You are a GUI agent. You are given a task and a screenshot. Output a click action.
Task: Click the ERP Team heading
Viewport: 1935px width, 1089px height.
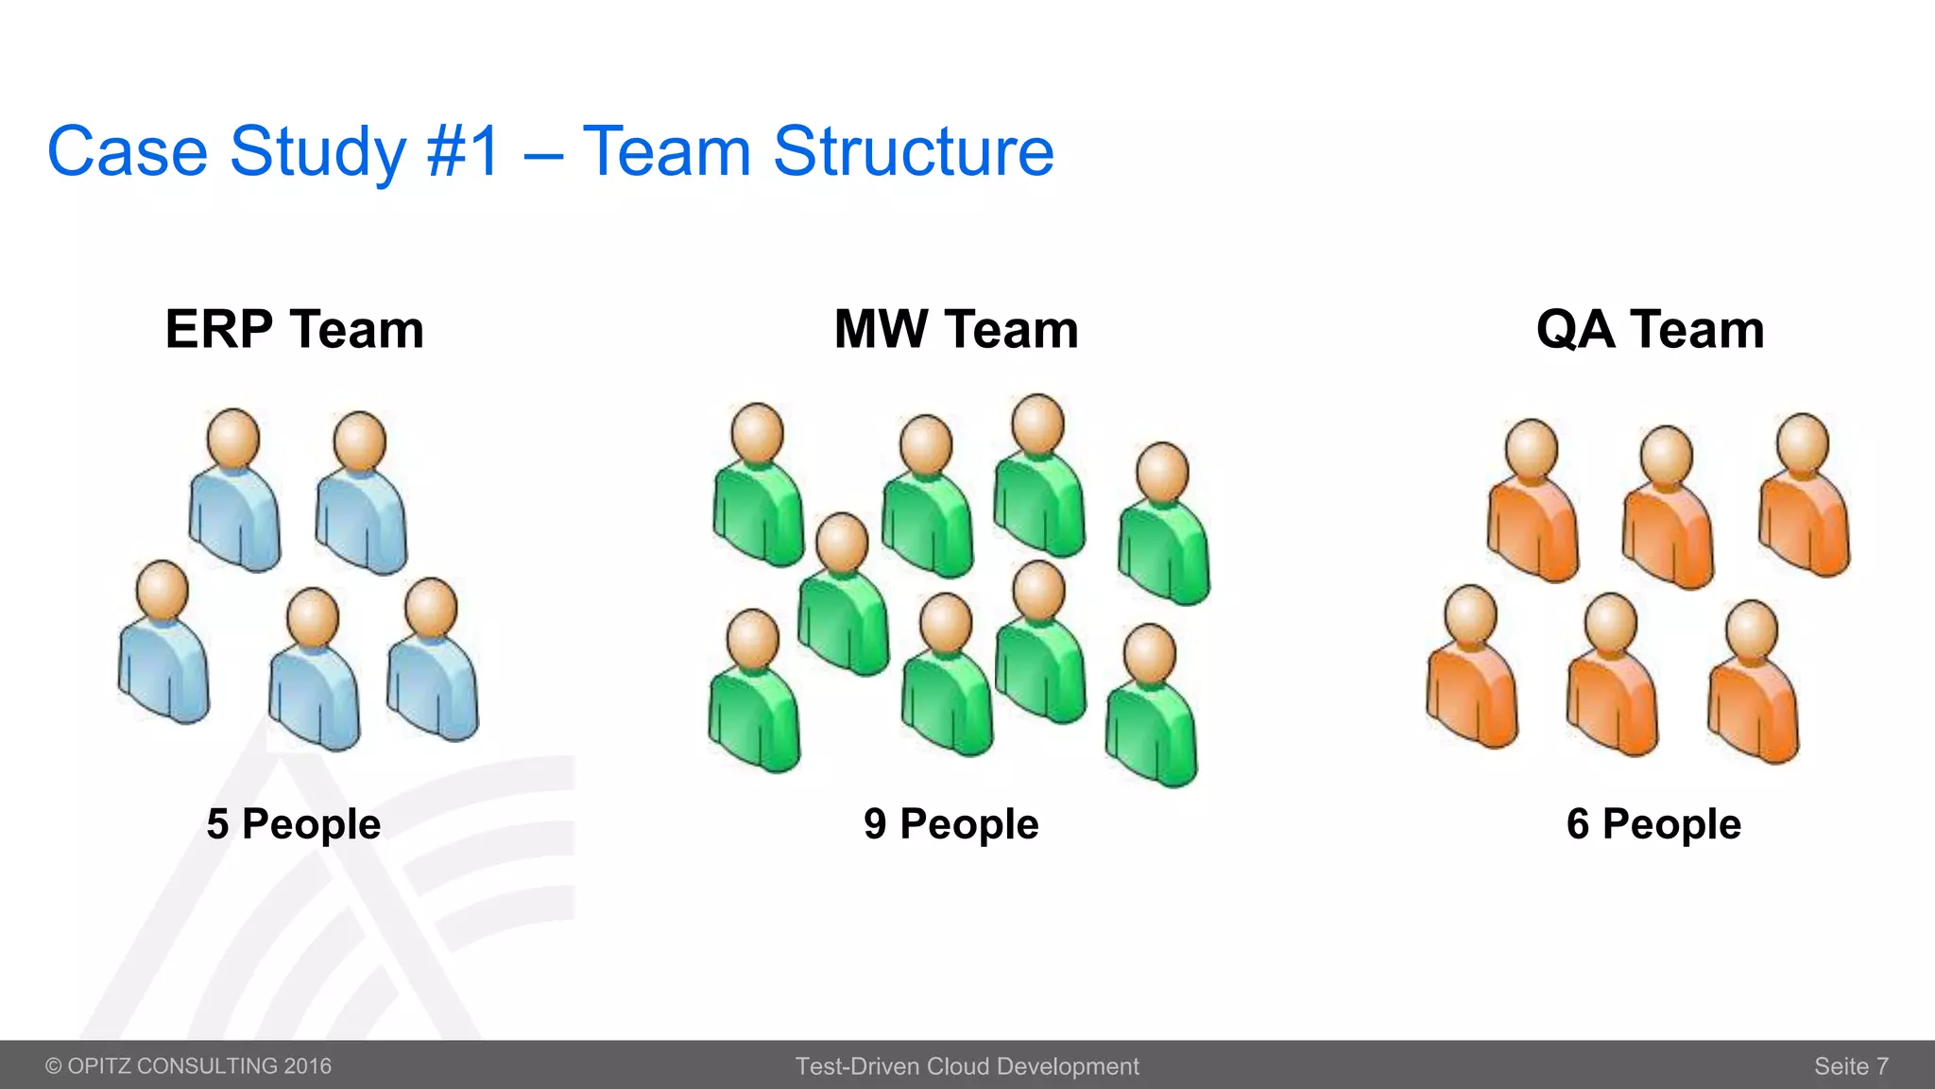[294, 329]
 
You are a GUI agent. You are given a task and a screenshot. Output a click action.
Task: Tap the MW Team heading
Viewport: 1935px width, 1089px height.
[956, 329]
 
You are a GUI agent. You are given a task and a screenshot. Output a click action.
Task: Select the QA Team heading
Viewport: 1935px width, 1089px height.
[1650, 329]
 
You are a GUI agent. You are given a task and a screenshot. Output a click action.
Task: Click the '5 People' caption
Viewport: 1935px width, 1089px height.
[294, 824]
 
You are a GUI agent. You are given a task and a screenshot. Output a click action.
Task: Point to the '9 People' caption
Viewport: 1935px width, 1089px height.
[950, 824]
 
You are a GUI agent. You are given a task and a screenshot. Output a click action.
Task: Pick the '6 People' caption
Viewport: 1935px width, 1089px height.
[1653, 824]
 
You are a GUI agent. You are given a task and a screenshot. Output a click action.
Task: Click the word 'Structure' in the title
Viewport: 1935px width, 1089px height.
[913, 151]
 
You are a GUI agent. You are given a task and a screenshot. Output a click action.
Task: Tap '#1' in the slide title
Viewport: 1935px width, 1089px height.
[462, 151]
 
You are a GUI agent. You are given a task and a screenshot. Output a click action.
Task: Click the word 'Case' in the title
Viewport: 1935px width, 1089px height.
[128, 151]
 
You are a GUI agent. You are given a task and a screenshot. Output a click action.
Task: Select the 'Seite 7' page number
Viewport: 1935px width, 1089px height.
[1851, 1066]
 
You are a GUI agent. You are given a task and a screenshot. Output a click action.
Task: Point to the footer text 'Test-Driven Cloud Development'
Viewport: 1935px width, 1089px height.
[967, 1066]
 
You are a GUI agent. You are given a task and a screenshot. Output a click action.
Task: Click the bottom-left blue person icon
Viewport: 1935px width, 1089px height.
[163, 643]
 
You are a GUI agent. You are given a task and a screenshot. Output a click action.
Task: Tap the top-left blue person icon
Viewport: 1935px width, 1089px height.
[234, 492]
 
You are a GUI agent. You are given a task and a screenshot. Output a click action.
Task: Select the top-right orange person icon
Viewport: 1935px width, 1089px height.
[1804, 496]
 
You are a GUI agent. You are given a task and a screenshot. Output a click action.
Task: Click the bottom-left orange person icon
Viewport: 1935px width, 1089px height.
[1472, 667]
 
